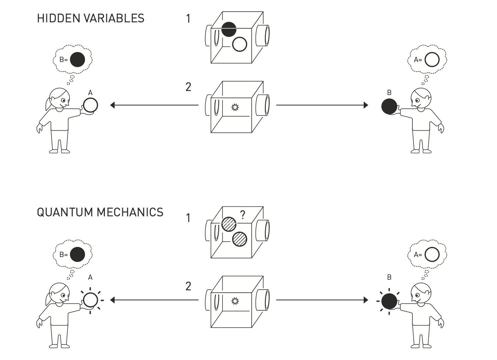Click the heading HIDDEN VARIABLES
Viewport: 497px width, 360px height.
coord(90,18)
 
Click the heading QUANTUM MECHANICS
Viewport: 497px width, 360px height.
coord(100,212)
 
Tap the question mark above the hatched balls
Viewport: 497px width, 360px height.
coord(243,215)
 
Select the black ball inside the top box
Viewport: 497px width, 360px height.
coord(229,29)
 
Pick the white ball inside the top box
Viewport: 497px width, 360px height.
coord(240,44)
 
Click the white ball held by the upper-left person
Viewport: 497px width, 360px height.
coord(90,105)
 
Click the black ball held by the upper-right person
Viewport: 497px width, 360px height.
coord(389,106)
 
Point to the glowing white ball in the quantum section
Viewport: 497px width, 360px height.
coord(90,300)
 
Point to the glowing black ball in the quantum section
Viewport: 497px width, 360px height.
coord(389,301)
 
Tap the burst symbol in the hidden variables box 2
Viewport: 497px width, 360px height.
coord(235,107)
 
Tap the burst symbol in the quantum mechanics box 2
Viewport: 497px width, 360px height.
coord(235,301)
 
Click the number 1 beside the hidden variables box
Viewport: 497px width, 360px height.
coord(189,19)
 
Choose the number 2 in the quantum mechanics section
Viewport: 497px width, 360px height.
coord(189,286)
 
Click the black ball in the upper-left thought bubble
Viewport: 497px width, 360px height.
coord(77,60)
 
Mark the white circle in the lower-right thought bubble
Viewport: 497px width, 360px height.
coord(432,255)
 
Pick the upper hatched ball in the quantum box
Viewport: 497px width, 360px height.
coord(229,224)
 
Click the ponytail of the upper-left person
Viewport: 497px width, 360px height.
coord(48,103)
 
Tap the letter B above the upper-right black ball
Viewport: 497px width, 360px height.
coord(389,93)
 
